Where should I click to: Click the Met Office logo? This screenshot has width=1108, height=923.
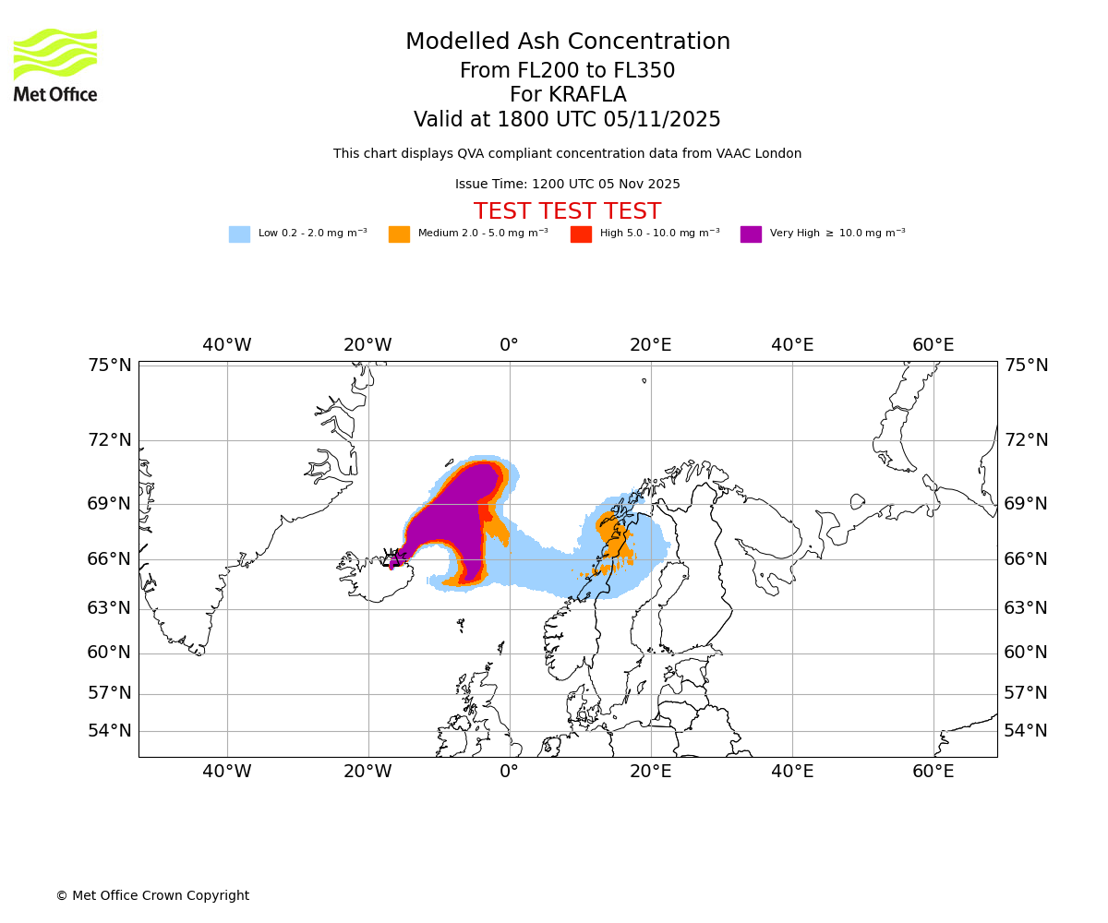tap(55, 65)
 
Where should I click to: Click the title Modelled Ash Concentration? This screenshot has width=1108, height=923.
tap(567, 42)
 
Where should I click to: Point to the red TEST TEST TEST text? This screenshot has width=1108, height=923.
tap(567, 211)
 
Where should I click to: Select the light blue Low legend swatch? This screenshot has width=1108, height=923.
tap(239, 234)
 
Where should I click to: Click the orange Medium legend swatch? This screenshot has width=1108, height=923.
tap(399, 234)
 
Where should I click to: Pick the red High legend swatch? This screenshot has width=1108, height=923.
tap(581, 234)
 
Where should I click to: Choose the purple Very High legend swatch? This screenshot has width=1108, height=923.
tap(751, 234)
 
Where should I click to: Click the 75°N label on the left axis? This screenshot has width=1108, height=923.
tap(110, 366)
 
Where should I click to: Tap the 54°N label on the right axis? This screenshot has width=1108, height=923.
tap(1026, 731)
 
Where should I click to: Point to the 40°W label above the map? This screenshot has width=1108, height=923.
tap(226, 345)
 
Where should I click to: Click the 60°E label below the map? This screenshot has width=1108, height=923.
tap(933, 772)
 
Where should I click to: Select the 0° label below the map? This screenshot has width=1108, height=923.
tap(509, 772)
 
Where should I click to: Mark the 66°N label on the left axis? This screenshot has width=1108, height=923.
tap(110, 559)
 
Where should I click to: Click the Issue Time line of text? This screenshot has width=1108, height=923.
tap(567, 185)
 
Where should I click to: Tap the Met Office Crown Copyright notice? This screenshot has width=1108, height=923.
tap(152, 895)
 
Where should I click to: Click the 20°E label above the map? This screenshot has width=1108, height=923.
tap(650, 345)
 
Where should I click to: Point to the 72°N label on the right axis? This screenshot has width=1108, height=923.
tap(1026, 440)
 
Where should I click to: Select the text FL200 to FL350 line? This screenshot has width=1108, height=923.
tap(567, 71)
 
